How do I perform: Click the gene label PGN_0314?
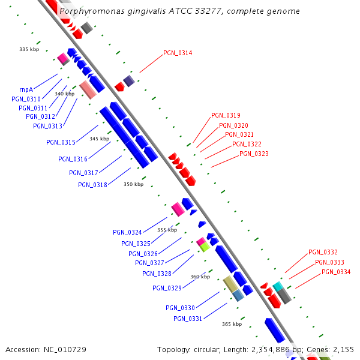tap(178, 53)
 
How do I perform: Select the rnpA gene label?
tap(26, 89)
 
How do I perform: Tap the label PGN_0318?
tap(92, 185)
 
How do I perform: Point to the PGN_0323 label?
tap(254, 154)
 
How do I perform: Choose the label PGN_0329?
tap(167, 288)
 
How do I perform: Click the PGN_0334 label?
tap(336, 272)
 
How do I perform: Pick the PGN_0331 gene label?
tap(188, 319)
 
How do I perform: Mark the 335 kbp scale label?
tap(29, 49)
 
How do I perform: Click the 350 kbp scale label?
tap(133, 184)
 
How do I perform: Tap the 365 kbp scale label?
tap(232, 324)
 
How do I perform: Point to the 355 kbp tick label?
tap(167, 230)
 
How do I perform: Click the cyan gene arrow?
tap(277, 286)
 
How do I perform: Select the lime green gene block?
tap(205, 247)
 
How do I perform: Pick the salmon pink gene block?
tap(88, 90)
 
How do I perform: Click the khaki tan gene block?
tap(230, 284)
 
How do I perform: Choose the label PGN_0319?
tap(226, 115)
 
